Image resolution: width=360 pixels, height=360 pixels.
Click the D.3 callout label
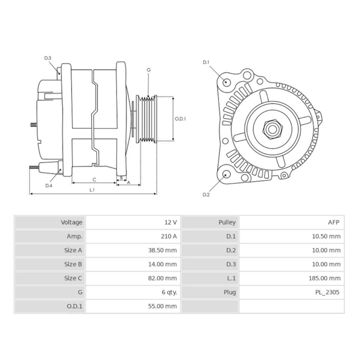(x=48, y=58)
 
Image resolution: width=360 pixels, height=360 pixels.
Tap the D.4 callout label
(x=49, y=185)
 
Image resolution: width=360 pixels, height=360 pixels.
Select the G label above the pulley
(x=148, y=70)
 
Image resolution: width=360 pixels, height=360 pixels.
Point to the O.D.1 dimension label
(x=180, y=118)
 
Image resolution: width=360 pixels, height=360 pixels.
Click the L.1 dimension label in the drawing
(x=92, y=190)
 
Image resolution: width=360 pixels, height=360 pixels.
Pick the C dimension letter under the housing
(x=94, y=179)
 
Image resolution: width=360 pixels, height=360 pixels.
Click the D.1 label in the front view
(x=206, y=62)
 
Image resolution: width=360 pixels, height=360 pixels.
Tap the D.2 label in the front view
(x=206, y=194)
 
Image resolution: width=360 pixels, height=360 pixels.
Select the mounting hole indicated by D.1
(x=226, y=82)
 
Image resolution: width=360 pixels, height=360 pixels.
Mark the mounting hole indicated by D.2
(x=226, y=174)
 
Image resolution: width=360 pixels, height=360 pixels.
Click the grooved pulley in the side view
(x=146, y=119)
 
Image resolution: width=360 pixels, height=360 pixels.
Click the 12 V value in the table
(x=170, y=222)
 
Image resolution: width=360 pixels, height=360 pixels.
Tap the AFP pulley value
(x=333, y=222)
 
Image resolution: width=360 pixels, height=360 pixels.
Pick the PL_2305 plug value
(x=327, y=292)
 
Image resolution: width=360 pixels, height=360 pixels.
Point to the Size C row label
(x=73, y=278)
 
